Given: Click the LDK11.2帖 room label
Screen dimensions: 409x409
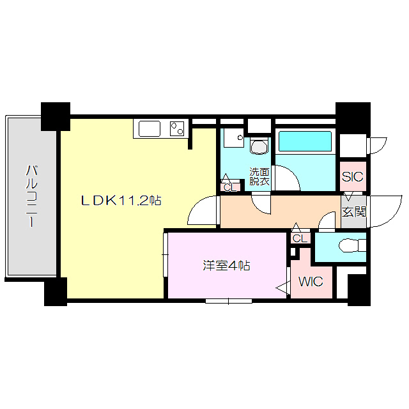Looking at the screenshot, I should tap(120, 201).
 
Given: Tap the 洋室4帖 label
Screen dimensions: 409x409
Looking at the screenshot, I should tap(226, 266).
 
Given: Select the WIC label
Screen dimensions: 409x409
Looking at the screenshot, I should tap(311, 282).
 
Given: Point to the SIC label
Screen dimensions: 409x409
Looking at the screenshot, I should tap(352, 177).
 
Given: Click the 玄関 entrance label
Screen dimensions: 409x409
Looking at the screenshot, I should tap(353, 212).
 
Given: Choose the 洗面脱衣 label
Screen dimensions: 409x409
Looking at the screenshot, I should tap(259, 177).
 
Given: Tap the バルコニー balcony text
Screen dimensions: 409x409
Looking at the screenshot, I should tap(31, 197).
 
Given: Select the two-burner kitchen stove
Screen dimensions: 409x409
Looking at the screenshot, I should tap(177, 128).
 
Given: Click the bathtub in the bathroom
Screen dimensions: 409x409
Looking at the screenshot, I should tap(305, 141).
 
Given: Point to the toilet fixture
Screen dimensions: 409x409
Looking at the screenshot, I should tap(352, 245).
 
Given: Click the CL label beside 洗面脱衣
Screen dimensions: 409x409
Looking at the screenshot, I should tap(229, 187).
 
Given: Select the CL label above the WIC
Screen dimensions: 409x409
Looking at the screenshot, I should tap(298, 238).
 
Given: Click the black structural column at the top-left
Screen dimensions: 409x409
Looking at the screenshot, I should tap(56, 116).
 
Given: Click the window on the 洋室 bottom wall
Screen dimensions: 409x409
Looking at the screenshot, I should tap(228, 300).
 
